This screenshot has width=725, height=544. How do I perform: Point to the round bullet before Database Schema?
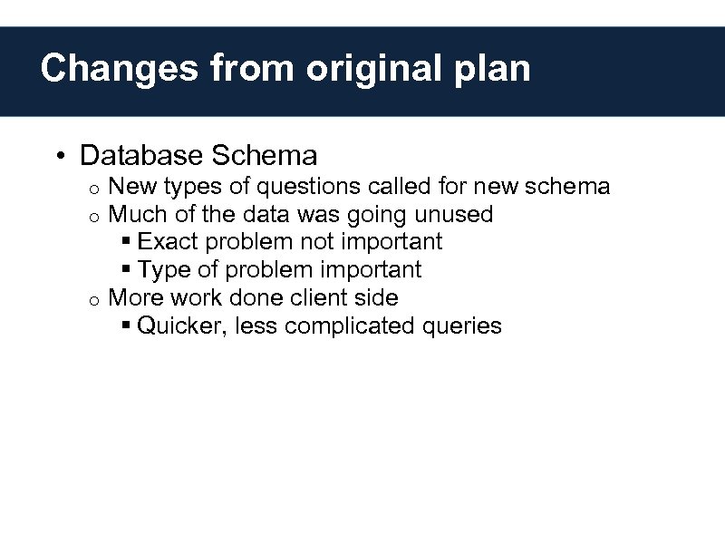pos(58,157)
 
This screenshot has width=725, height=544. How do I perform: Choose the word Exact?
pos(169,242)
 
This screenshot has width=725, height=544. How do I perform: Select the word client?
pos(311,297)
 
